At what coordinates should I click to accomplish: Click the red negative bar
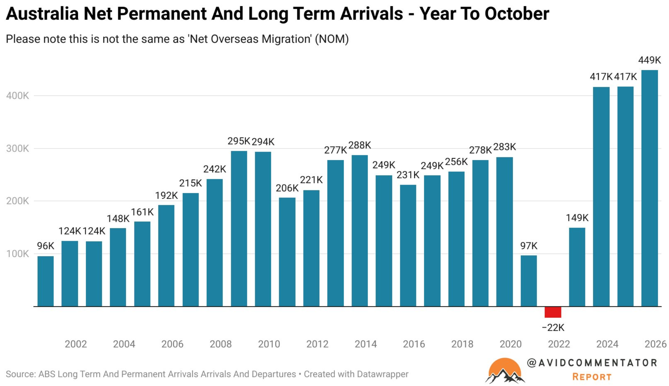click(553, 312)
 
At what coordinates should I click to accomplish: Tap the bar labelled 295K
click(239, 229)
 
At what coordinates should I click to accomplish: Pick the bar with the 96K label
click(46, 281)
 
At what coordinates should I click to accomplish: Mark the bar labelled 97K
click(529, 281)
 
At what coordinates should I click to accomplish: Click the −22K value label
click(553, 328)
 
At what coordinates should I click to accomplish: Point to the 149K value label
click(577, 218)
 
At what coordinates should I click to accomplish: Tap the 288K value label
click(360, 145)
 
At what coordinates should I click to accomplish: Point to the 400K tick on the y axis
click(17, 96)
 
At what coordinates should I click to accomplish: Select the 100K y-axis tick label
click(17, 254)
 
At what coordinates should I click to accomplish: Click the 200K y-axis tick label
click(17, 201)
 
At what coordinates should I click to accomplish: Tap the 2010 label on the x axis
click(269, 344)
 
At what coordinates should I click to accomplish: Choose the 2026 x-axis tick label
click(655, 344)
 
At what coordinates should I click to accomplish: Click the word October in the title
click(517, 14)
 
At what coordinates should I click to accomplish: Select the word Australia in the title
click(42, 14)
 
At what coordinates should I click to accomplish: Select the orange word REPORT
click(592, 377)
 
